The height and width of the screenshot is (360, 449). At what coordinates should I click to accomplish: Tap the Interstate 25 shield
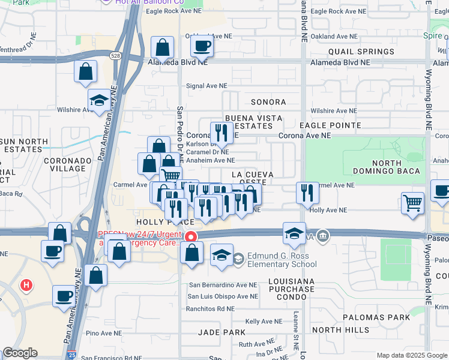(x=72, y=355)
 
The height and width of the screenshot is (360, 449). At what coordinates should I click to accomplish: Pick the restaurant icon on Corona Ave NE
(x=221, y=133)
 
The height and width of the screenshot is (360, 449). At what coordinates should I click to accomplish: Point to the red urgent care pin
(x=191, y=236)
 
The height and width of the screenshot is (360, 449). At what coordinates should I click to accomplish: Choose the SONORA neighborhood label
(x=268, y=103)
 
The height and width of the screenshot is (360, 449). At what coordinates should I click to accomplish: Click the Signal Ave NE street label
(x=206, y=86)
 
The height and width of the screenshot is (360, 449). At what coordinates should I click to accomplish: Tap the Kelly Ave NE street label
(x=259, y=322)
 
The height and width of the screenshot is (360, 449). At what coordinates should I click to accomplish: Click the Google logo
(x=20, y=353)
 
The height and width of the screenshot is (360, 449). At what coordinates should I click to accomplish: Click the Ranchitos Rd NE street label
(x=211, y=308)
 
